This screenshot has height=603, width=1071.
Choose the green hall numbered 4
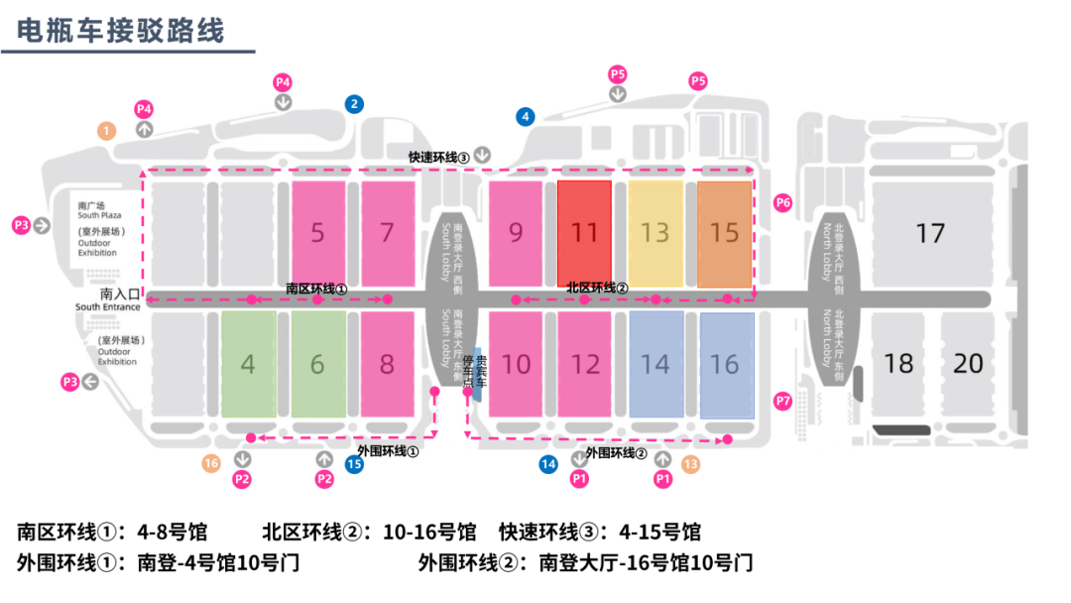pyautogui.click(x=248, y=364)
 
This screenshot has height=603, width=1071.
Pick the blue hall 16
pyautogui.click(x=725, y=364)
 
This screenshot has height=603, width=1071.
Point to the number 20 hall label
pyautogui.click(x=968, y=363)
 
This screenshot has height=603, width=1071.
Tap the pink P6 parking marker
pyautogui.click(x=783, y=203)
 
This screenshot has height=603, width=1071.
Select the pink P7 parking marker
pyautogui.click(x=783, y=402)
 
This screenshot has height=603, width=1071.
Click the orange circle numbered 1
pyautogui.click(x=107, y=130)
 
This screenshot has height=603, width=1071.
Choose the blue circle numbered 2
pyautogui.click(x=354, y=103)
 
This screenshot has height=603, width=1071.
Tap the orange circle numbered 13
pyautogui.click(x=690, y=463)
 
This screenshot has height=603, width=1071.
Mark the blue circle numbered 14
pyautogui.click(x=548, y=463)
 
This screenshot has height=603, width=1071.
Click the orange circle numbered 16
pyautogui.click(x=211, y=463)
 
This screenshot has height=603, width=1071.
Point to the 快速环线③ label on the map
pyautogui.click(x=438, y=157)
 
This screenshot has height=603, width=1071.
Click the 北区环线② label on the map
pyautogui.click(x=597, y=288)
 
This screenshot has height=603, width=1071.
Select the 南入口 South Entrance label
pyautogui.click(x=109, y=300)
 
